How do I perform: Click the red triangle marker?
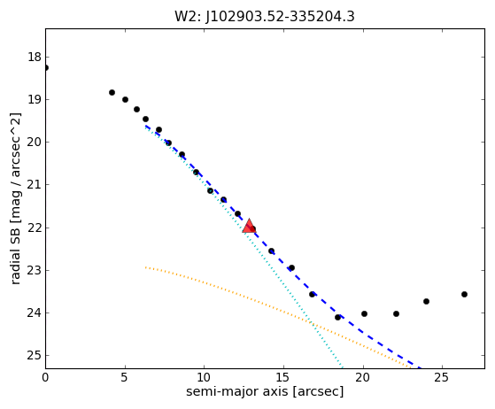(249, 226)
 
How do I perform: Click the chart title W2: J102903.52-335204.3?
(265, 17)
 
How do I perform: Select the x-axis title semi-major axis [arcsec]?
(265, 391)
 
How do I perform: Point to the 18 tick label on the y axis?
(35, 58)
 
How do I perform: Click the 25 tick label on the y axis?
(35, 356)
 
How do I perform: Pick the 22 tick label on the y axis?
(35, 228)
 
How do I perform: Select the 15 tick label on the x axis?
(283, 377)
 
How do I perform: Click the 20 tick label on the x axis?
(363, 377)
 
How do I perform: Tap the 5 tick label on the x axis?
(124, 377)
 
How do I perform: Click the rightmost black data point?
(464, 295)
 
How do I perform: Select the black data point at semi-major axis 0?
(46, 68)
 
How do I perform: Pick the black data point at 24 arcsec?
(426, 301)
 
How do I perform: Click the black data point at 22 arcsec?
(396, 313)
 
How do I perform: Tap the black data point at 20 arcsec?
(364, 313)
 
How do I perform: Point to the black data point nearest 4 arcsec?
(112, 92)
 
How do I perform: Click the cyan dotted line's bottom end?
(343, 368)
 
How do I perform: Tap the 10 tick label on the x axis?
(204, 377)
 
